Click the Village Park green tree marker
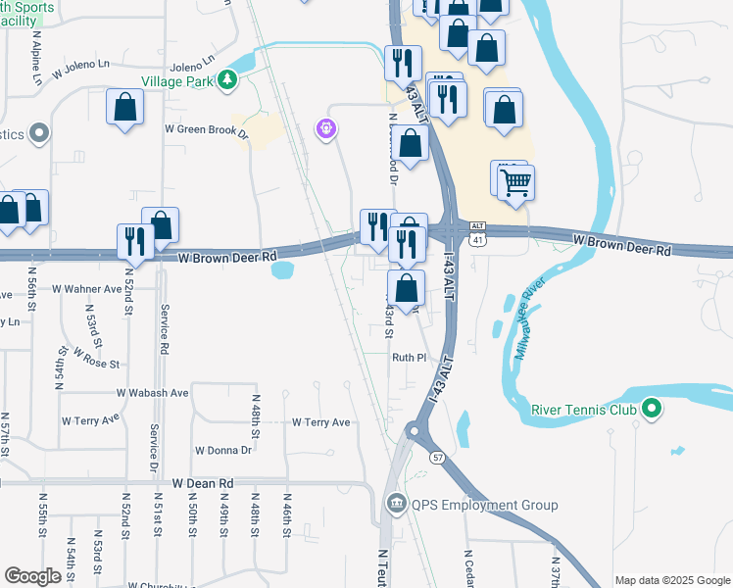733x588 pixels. coord(227,78)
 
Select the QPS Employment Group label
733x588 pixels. coord(484,505)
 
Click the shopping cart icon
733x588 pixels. coord(515,181)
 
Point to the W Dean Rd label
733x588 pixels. coord(204,483)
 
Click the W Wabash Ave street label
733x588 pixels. coord(152,392)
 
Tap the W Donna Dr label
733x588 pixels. coord(223,450)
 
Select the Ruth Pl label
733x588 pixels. coord(410,358)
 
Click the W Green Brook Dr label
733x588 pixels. coord(207,128)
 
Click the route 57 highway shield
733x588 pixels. coord(436,458)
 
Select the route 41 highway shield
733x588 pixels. coord(477,239)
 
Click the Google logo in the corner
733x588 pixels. coord(33,576)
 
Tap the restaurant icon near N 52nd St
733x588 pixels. coord(133,242)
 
